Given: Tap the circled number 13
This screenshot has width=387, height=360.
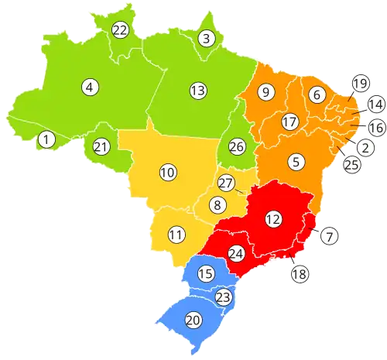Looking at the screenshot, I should click(197, 91).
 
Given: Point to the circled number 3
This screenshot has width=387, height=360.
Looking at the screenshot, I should click(206, 38).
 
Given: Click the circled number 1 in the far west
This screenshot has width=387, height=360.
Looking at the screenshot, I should click(46, 139).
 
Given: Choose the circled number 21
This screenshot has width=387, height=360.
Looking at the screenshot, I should click(101, 146).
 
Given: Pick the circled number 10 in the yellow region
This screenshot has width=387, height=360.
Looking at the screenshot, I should click(167, 172).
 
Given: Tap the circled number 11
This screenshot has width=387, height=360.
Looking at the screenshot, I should click(176, 235).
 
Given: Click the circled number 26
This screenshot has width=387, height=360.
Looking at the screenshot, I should click(236, 146).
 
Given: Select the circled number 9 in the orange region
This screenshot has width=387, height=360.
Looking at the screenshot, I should click(265, 92).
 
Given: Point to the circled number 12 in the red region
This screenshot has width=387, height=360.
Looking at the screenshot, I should click(272, 219).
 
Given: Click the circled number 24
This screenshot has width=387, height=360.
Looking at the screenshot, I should click(237, 253).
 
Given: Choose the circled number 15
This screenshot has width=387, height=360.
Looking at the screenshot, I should click(206, 273).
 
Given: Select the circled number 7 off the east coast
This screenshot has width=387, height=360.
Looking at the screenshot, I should click(329, 236).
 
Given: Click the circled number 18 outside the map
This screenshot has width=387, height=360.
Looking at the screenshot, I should click(300, 273).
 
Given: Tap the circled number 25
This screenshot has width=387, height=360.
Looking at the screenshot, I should click(351, 164).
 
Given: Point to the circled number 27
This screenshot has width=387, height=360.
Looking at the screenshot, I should click(226, 183).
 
